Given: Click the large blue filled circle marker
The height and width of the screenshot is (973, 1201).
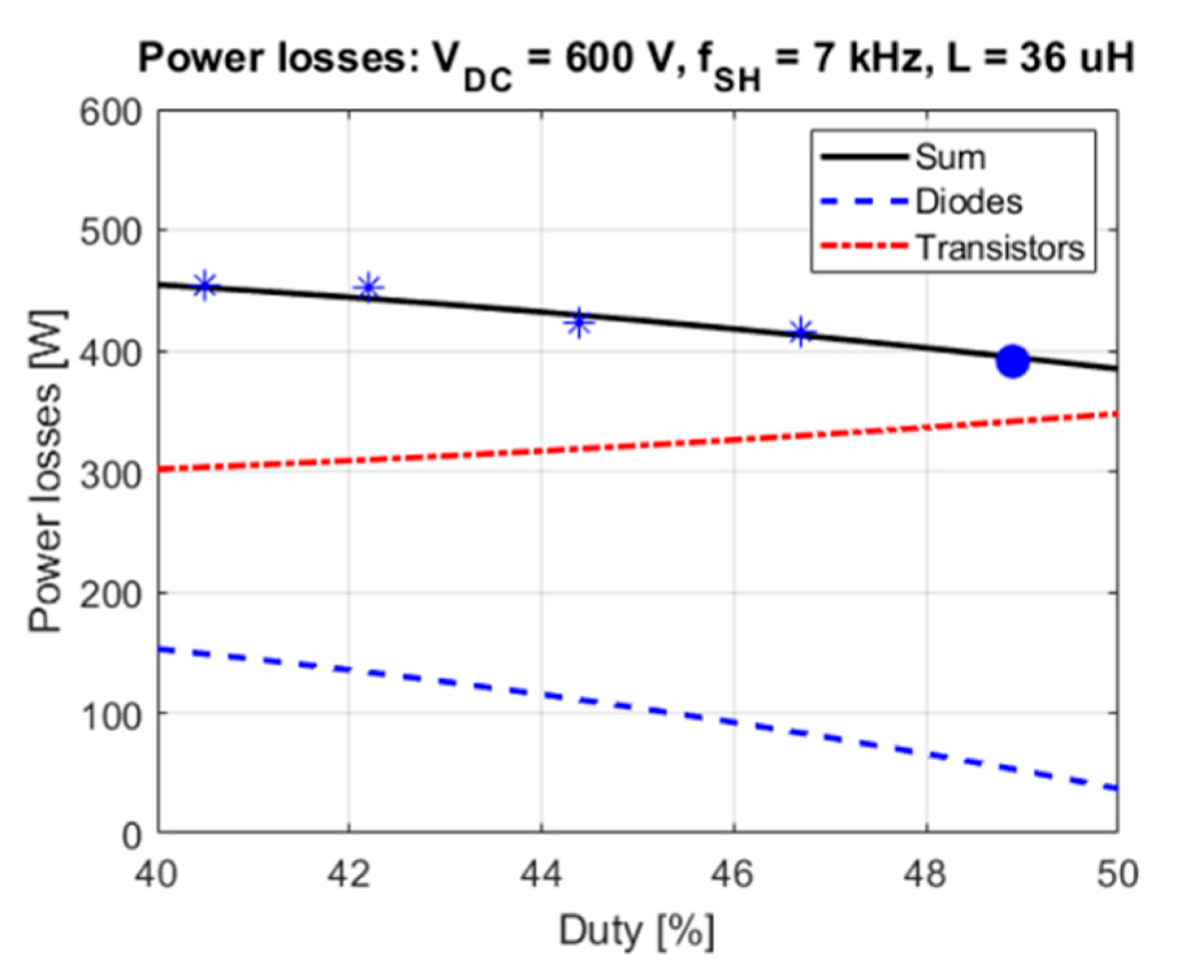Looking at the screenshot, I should (x=1013, y=361).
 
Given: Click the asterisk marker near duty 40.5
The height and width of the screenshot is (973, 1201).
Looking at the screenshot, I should (x=205, y=285).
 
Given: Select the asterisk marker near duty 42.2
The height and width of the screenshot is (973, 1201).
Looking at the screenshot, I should (x=369, y=287).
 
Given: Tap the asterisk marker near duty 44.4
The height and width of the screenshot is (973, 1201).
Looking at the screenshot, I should (x=578, y=322).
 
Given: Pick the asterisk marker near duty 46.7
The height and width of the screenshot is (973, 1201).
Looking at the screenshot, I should (x=801, y=333).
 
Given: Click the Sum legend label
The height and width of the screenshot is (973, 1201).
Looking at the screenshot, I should (x=949, y=157).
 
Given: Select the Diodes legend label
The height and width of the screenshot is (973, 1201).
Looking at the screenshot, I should (x=968, y=201).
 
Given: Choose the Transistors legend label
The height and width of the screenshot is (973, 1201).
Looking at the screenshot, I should (x=1000, y=248).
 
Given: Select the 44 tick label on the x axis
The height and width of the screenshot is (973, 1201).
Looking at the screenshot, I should (x=541, y=874).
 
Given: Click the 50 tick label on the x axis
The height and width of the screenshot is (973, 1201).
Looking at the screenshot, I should (x=1117, y=874).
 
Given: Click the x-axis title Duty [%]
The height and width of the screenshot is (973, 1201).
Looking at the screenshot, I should (x=637, y=931).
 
